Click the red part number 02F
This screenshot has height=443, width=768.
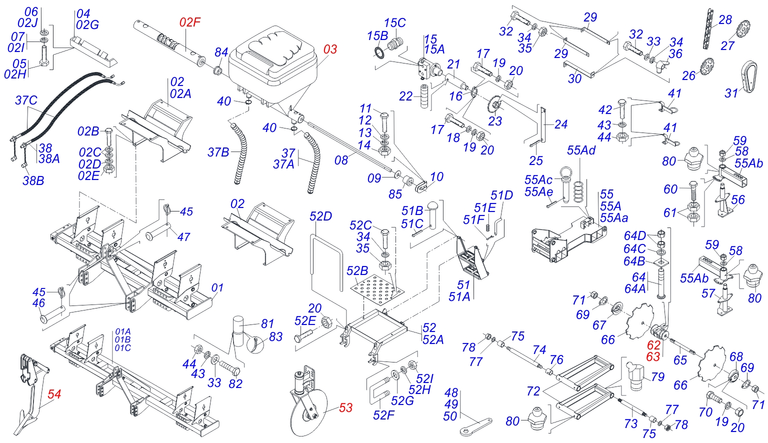point(189,22)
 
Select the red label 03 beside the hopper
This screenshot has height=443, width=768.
point(330,49)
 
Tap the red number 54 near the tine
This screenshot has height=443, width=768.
point(54,394)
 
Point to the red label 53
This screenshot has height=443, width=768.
point(345,408)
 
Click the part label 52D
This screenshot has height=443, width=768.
point(320,216)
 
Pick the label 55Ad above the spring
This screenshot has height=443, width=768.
point(581,150)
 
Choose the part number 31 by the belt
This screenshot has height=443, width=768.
point(731,93)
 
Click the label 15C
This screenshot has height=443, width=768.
point(394,23)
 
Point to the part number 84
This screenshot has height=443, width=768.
point(221,52)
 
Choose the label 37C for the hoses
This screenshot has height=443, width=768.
point(26,100)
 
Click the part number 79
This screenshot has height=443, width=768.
point(657,376)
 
